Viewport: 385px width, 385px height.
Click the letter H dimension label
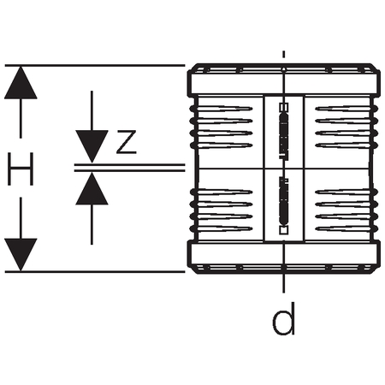click(21, 169)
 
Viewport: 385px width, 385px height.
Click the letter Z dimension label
click(127, 142)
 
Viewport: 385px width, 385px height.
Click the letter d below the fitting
click(283, 318)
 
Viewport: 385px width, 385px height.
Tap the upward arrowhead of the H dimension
click(21, 83)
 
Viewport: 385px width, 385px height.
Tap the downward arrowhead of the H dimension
click(21, 255)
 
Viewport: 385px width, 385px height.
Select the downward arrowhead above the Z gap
click(92, 146)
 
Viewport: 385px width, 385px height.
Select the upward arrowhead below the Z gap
click(92, 188)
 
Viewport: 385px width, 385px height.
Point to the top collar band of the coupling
click(284, 83)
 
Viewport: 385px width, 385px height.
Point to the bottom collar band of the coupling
click(284, 254)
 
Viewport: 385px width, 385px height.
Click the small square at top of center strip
click(283, 107)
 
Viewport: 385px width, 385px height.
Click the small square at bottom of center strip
click(283, 230)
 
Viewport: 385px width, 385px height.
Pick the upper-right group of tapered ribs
click(346, 127)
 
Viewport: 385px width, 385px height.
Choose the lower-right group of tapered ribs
click(346, 210)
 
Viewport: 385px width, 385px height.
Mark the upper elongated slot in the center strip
click(283, 135)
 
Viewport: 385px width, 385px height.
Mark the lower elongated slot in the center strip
click(283, 201)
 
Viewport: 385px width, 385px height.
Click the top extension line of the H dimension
click(95, 66)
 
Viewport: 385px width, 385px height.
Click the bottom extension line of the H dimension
click(95, 272)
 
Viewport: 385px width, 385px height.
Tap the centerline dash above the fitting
click(283, 55)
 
